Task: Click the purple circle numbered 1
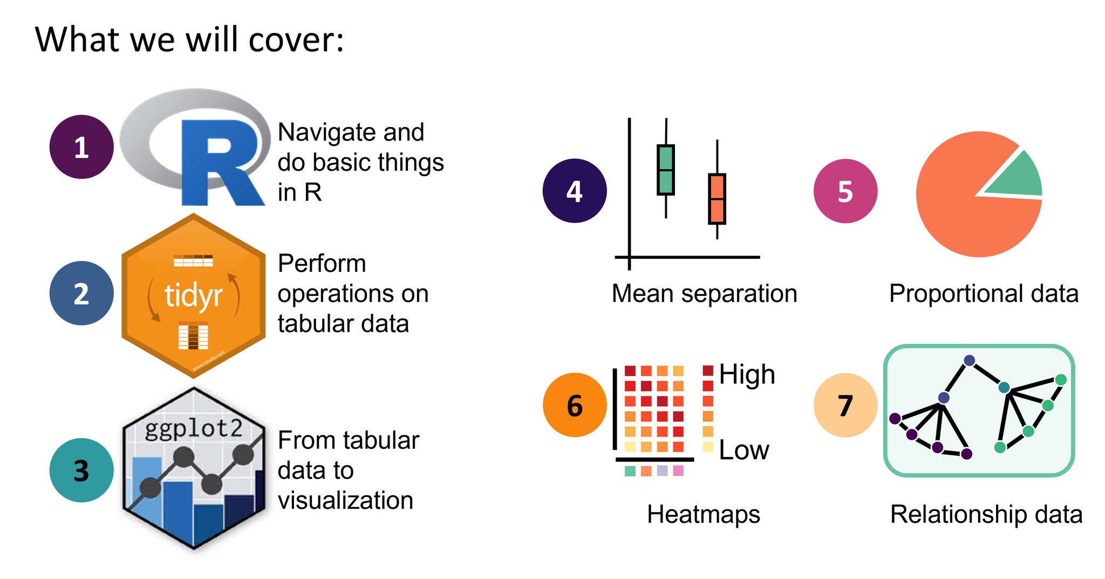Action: tap(81, 147)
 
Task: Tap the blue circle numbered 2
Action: tap(81, 293)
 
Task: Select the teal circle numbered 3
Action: tap(81, 470)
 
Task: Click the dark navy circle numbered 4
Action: tap(575, 191)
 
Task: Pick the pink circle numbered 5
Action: tap(845, 191)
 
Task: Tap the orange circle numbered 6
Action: tap(575, 405)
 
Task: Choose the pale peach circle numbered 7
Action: tap(845, 405)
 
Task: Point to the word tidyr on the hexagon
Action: tap(193, 296)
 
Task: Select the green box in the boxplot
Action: tap(666, 170)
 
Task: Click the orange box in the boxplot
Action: tap(717, 199)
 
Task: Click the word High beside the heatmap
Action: tap(747, 374)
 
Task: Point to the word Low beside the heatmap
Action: tap(744, 450)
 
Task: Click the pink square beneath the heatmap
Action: tap(678, 471)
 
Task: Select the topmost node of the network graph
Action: tap(969, 360)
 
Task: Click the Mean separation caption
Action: tap(704, 294)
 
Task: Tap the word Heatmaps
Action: tap(703, 514)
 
